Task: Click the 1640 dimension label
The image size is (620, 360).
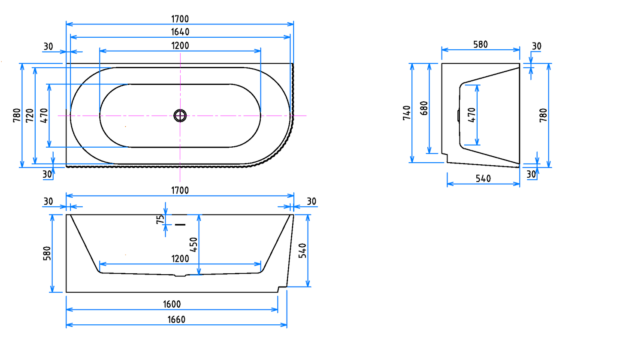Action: click(180, 32)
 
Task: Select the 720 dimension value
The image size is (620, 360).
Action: click(30, 115)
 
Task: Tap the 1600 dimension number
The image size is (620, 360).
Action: click(172, 304)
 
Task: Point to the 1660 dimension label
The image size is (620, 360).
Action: click(176, 320)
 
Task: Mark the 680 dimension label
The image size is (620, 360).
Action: click(423, 108)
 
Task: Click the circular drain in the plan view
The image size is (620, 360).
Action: click(180, 115)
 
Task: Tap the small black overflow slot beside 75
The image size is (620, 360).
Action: click(180, 224)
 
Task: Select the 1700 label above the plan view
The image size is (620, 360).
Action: click(180, 18)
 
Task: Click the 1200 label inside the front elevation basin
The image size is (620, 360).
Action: click(180, 258)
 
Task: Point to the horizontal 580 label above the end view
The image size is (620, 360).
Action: click(480, 44)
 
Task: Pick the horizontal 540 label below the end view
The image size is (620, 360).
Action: click(483, 178)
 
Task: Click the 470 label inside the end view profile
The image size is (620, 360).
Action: click(472, 115)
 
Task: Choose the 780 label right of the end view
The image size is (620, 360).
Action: click(543, 115)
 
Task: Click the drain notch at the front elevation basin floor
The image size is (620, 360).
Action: click(180, 275)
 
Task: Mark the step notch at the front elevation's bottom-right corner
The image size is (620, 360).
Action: click(282, 288)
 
